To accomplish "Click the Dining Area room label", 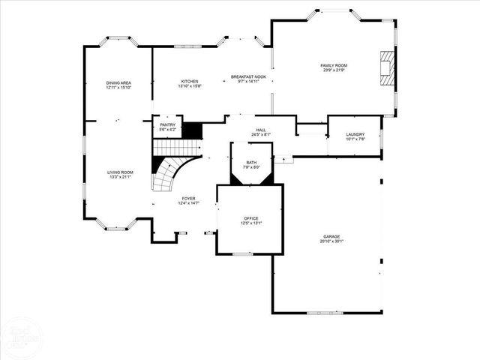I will (118, 82).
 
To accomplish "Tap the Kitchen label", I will (189, 81).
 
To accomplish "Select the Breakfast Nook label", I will (248, 77).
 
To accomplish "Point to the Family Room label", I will (334, 65).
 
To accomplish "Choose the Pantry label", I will (167, 124).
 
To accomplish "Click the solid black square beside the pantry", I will (193, 130).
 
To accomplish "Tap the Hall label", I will (261, 130).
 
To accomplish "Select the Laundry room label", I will (355, 133).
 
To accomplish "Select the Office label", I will (250, 218).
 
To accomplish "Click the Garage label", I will (331, 236).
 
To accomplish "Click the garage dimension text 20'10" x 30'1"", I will (331, 241).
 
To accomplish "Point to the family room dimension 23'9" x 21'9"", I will (334, 70).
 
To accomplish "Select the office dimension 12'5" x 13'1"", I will (250, 223).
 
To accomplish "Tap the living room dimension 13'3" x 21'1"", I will (119, 177).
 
